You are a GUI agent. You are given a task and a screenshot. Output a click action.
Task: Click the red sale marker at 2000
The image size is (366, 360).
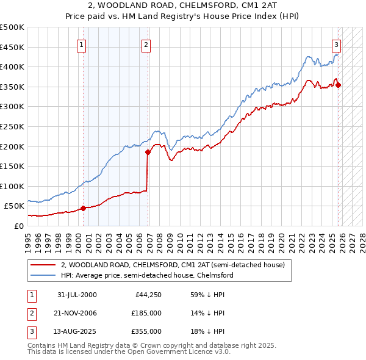(83, 208)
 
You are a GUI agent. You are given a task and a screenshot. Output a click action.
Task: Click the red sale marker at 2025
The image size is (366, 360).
(339, 85)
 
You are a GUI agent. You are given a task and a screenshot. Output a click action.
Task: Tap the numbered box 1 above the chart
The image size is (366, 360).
(82, 44)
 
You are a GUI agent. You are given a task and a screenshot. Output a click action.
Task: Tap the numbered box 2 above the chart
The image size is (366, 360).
(146, 44)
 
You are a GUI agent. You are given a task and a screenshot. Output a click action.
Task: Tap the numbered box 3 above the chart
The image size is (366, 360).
(337, 44)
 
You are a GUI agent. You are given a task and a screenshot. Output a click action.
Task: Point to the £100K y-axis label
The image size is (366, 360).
(12, 186)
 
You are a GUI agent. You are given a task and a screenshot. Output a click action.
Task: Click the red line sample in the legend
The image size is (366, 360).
(43, 265)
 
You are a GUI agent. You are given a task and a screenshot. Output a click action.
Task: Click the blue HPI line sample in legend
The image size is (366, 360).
(43, 276)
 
